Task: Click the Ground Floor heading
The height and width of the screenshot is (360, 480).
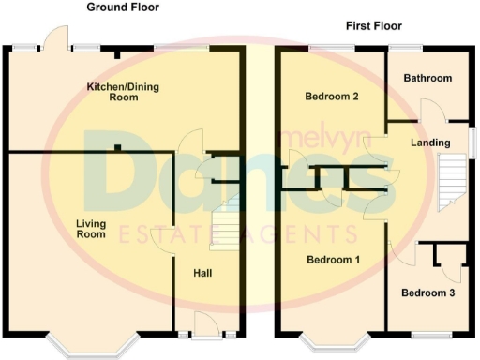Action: pyautogui.click(x=123, y=7)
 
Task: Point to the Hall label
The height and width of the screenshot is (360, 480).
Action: pyautogui.click(x=202, y=273)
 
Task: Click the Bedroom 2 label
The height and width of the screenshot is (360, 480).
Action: pyautogui.click(x=332, y=96)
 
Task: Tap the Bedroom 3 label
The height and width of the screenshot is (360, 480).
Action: pyautogui.click(x=428, y=292)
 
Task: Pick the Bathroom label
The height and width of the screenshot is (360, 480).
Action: pyautogui.click(x=427, y=78)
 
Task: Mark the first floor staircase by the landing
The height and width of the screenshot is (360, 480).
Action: pyautogui.click(x=452, y=180)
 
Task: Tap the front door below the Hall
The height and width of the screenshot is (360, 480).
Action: pyautogui.click(x=200, y=332)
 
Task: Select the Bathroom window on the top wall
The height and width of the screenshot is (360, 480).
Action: pyautogui.click(x=405, y=47)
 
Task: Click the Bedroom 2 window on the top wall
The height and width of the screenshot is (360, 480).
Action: pyautogui.click(x=325, y=47)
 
